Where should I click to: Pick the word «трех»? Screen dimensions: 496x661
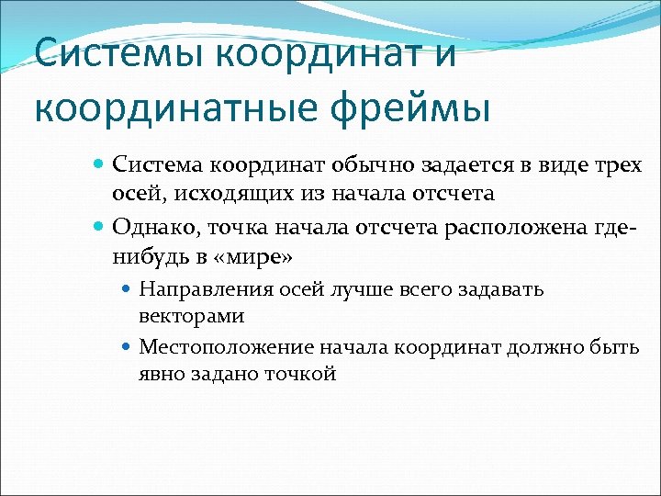click(613, 165)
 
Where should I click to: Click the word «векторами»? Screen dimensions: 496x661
click(191, 316)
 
